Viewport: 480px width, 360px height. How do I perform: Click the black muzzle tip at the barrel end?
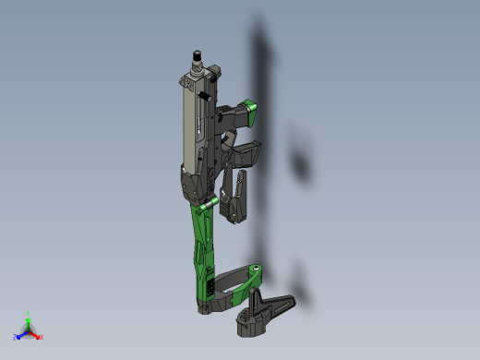[x=196, y=54]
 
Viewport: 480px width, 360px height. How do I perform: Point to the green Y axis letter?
[x=29, y=314]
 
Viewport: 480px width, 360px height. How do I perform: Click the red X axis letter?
[x=42, y=337]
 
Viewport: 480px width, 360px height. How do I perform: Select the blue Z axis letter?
[x=15, y=338]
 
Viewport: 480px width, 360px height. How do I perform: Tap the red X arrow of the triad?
[x=36, y=334]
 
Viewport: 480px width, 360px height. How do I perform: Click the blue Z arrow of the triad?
[x=21, y=334]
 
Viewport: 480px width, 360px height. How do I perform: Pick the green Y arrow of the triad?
[x=29, y=322]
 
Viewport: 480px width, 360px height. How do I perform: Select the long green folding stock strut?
[x=202, y=245]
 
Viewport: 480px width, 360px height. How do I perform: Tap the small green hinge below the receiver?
[x=211, y=201]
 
